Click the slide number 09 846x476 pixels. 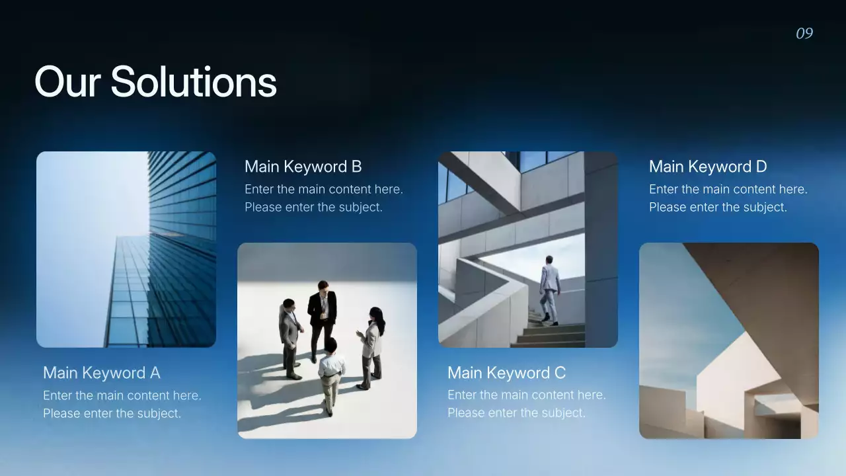[804, 34]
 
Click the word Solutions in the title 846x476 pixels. [193, 83]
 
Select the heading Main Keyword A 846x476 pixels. [102, 373]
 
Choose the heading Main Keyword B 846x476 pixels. [303, 167]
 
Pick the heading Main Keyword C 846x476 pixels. [506, 373]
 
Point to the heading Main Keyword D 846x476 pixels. [708, 167]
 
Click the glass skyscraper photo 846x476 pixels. [126, 249]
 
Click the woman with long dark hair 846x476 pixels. [371, 344]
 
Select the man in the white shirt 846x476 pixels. [330, 374]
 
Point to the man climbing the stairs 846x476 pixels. [549, 288]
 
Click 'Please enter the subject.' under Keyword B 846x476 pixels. [313, 207]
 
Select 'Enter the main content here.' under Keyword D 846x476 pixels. [728, 189]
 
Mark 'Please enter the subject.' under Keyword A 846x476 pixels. [112, 413]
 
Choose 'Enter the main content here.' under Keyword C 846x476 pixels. [526, 395]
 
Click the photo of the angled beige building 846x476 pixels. [728, 340]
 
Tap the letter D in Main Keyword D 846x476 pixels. [761, 167]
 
